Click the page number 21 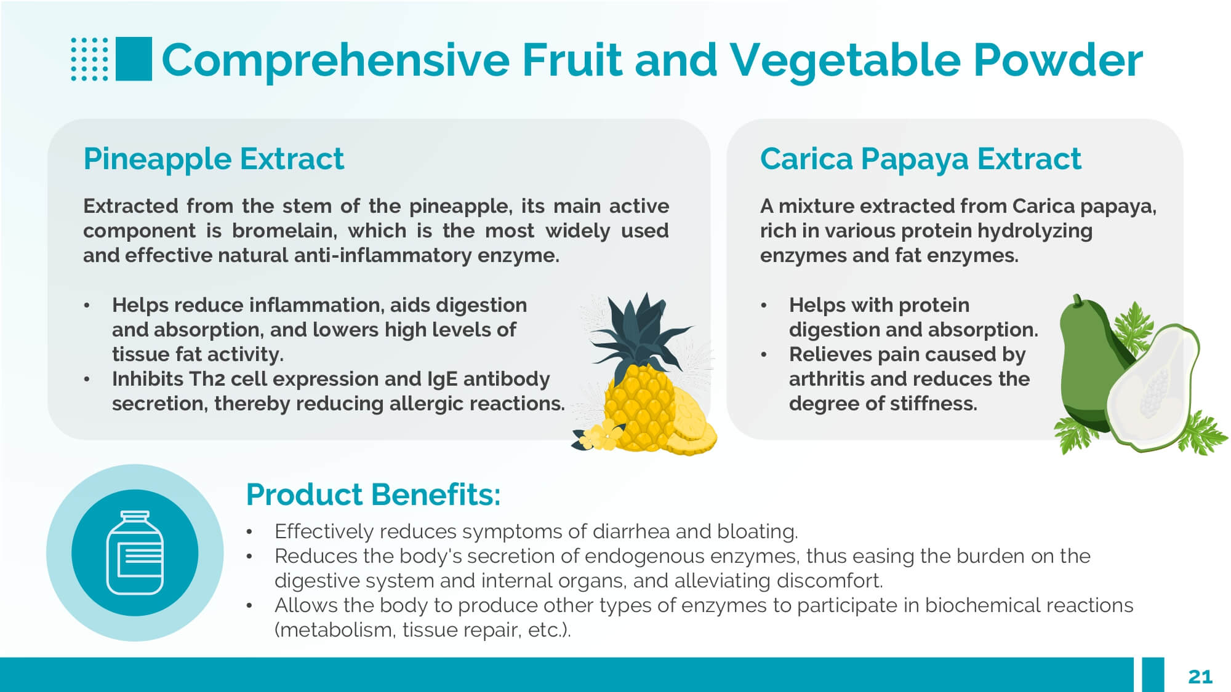[x=1200, y=677]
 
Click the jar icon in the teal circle [x=135, y=552]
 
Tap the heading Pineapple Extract [x=214, y=159]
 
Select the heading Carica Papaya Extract [x=920, y=159]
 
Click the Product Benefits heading [x=373, y=494]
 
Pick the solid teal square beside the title [x=134, y=59]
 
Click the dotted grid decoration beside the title [x=89, y=59]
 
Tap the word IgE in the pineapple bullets [x=442, y=380]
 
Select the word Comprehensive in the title [x=336, y=60]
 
